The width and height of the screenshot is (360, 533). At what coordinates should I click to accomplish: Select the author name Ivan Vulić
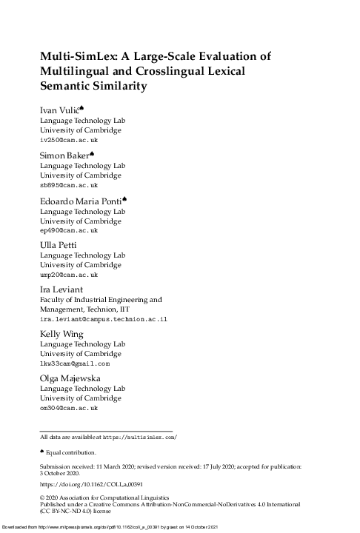pyautogui.click(x=61, y=111)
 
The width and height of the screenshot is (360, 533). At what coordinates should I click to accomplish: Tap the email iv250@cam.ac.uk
pyautogui.click(x=68, y=140)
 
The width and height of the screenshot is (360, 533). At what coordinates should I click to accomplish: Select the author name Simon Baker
pyautogui.click(x=63, y=156)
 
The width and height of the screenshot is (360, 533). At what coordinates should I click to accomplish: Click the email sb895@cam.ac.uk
pyautogui.click(x=68, y=185)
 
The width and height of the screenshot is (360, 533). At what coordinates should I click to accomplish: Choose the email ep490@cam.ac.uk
pyautogui.click(x=68, y=230)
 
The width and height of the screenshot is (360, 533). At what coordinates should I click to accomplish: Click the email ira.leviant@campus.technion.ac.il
pyautogui.click(x=104, y=318)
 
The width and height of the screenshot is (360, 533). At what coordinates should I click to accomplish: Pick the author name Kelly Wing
pyautogui.click(x=60, y=335)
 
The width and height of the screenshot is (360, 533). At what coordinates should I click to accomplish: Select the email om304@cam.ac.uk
pyautogui.click(x=68, y=408)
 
